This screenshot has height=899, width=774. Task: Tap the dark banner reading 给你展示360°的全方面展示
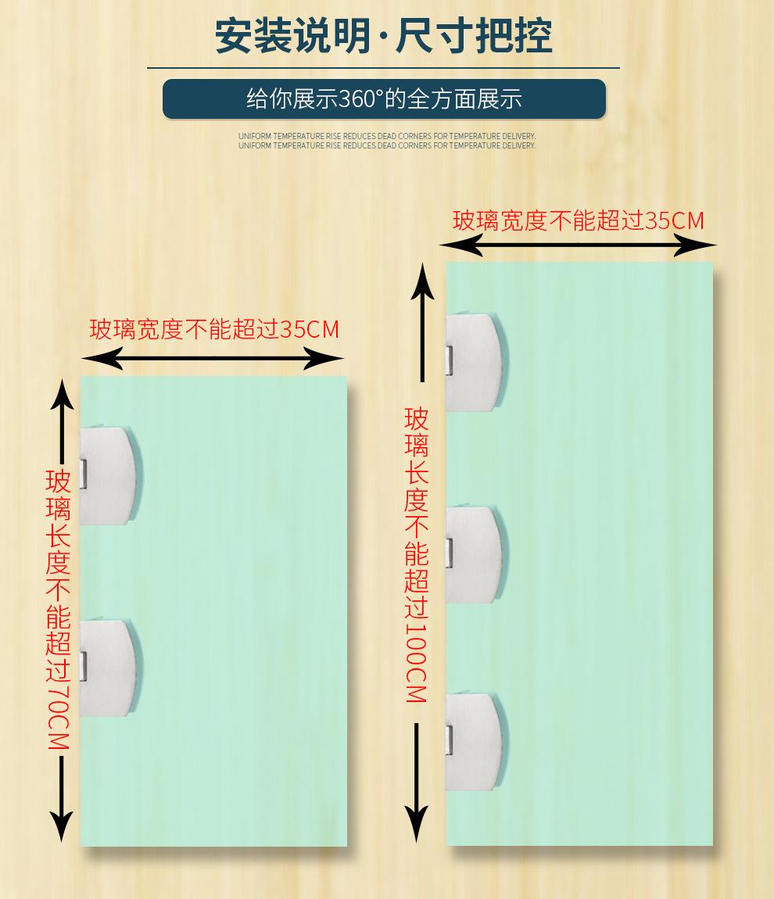[x=384, y=99]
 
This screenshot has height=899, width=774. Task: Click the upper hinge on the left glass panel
[x=110, y=475]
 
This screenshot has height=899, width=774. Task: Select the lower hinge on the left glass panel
[x=110, y=668]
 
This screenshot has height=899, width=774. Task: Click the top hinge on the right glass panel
[x=475, y=362]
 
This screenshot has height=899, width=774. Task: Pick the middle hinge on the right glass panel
[x=475, y=554]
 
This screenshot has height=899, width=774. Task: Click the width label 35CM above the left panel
[x=215, y=329]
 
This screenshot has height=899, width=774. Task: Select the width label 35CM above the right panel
[x=579, y=221]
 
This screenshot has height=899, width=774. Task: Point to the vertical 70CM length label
[x=59, y=610]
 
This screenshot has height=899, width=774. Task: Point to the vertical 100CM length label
[x=417, y=555]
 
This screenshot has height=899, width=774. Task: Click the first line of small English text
[x=387, y=136]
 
